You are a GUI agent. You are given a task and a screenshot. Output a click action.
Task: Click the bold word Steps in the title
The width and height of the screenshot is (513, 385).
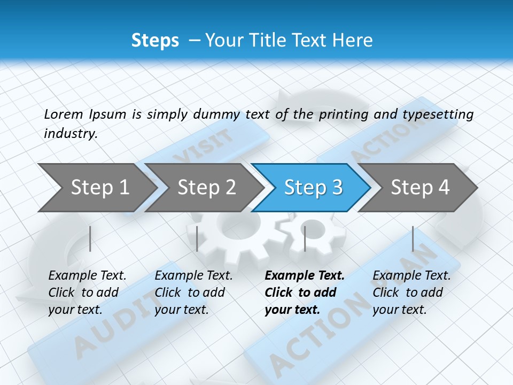click(155, 41)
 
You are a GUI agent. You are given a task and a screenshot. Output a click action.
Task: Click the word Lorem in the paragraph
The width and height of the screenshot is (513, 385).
click(64, 114)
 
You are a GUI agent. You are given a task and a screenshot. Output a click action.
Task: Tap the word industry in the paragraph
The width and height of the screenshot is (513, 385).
click(70, 134)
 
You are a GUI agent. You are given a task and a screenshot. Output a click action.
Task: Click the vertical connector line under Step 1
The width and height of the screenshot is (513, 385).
click(90, 238)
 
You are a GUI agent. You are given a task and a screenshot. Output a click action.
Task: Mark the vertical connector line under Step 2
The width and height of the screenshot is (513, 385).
click(197, 238)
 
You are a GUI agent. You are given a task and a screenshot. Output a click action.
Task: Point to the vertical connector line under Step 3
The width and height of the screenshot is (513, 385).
click(305, 238)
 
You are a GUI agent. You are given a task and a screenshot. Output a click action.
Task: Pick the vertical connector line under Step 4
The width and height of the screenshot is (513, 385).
click(413, 238)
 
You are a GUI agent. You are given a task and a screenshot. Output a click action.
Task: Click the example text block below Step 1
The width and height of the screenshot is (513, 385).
click(87, 292)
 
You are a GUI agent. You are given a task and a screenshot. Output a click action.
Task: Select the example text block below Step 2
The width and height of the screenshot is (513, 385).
click(193, 292)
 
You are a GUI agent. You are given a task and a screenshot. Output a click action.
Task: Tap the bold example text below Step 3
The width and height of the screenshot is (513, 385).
click(304, 292)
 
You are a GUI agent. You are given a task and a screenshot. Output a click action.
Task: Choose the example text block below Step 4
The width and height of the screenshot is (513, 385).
click(411, 292)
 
